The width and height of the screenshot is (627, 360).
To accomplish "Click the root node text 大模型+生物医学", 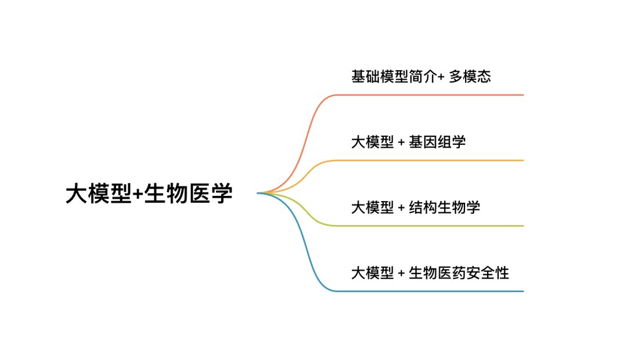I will (149, 194).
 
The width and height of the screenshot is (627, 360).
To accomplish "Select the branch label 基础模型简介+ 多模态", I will (421, 76).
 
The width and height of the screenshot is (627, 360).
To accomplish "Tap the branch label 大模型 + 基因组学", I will (408, 141).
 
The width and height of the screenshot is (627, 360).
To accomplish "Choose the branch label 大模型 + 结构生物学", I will (416, 207).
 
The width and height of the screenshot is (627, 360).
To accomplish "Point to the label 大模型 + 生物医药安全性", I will (430, 272).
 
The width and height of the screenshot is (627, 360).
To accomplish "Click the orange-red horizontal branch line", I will (430, 94).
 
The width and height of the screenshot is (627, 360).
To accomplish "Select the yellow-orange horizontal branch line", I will (430, 160).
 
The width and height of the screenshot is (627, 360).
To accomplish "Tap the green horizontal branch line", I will (430, 226).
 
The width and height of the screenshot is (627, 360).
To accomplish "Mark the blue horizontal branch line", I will (430, 291).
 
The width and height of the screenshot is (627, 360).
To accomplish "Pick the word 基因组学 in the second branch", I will (437, 141).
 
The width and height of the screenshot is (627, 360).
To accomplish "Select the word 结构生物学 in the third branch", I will (444, 207).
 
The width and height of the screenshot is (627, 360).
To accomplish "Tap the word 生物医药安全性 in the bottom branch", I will (459, 272).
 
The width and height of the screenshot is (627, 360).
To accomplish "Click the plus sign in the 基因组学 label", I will (401, 142).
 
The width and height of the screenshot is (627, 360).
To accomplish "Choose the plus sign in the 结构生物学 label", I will (401, 208).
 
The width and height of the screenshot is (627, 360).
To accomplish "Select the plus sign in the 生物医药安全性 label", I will (401, 273).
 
